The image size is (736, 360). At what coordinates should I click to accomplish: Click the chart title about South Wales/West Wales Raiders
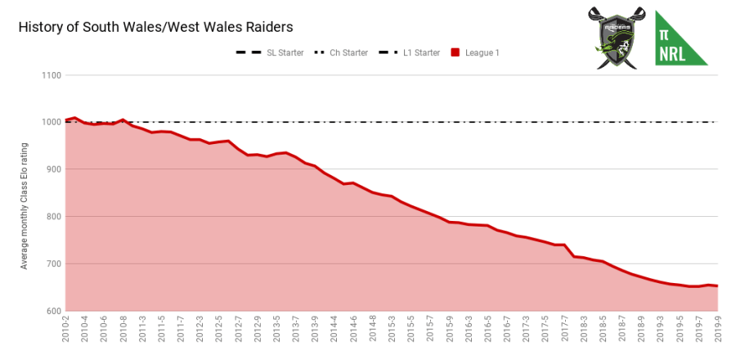[155, 27]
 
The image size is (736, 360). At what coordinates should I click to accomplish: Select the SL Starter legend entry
[270, 53]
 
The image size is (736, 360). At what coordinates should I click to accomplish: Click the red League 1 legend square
[456, 53]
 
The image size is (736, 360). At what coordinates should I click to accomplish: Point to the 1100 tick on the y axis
[52, 75]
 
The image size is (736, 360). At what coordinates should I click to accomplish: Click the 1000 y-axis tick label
[52, 123]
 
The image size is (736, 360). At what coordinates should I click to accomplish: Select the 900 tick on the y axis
[54, 169]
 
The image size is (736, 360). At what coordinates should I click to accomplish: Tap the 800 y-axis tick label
[54, 217]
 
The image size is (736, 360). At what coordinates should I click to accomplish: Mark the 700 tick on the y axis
[54, 264]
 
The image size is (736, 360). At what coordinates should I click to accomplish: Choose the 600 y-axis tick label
[54, 311]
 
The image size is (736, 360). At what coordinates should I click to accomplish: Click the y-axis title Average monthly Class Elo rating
[25, 205]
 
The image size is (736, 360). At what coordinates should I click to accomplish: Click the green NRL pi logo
[681, 37]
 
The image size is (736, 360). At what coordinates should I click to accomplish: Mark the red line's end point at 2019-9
[717, 286]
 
